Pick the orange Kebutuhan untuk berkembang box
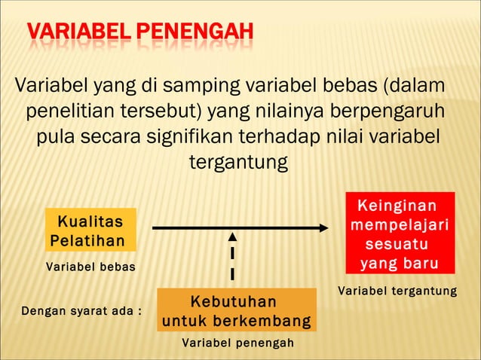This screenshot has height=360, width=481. (236, 310)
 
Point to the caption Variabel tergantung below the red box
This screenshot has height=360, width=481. (397, 291)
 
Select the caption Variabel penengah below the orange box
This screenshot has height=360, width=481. (237, 343)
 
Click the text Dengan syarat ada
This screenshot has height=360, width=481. (81, 310)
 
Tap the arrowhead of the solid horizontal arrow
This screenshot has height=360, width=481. (323, 228)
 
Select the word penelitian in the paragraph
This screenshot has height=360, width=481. (72, 111)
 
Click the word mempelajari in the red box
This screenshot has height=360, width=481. (400, 225)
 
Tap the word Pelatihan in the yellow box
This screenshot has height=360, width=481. (85, 240)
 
